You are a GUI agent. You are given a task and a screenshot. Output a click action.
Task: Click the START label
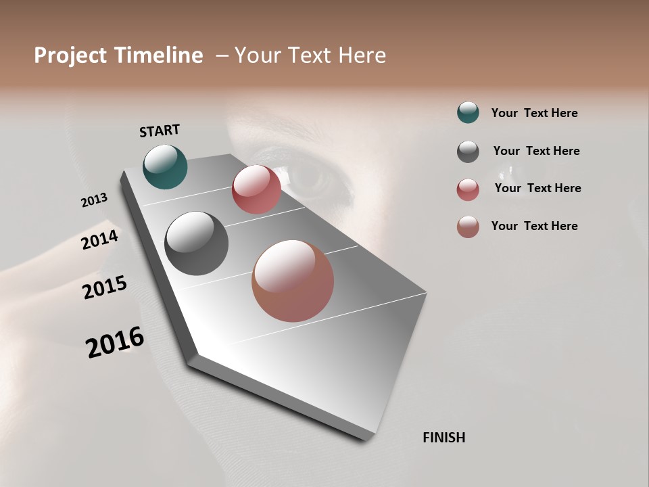[x=160, y=131]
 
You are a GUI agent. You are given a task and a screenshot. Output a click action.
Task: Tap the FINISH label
[x=443, y=438]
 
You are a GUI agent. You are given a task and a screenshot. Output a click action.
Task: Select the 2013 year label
[x=94, y=200]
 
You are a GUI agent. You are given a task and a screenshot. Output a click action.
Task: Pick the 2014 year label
[x=99, y=240]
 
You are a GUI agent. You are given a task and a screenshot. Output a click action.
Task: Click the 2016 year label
[x=115, y=342]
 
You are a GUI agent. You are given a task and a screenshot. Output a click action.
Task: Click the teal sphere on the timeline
[x=165, y=167]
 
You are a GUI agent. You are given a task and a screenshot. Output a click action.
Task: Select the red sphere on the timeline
[x=256, y=189]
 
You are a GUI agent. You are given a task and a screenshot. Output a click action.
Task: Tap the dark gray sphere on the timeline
[x=196, y=243]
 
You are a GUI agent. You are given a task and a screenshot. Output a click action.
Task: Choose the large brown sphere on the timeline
[x=293, y=281]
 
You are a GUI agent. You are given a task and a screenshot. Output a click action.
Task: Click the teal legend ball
[x=468, y=112]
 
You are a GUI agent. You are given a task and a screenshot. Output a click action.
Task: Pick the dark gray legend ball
[x=468, y=152]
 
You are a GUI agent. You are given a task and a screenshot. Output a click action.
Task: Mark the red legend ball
[x=468, y=189]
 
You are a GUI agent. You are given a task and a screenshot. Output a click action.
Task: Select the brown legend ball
[x=468, y=227]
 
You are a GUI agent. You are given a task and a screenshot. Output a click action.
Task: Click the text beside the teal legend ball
[x=534, y=113]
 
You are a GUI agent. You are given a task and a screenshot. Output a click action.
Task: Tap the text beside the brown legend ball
[x=534, y=226]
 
